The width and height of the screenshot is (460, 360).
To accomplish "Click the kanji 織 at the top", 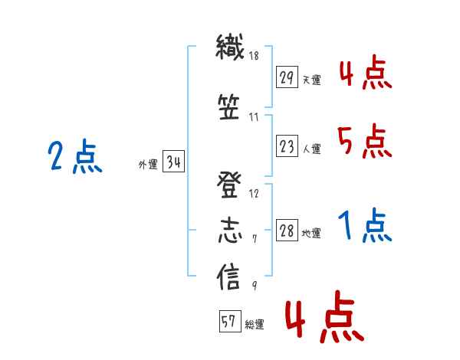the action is click(x=230, y=47).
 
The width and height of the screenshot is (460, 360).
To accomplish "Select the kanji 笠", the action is click(x=229, y=107).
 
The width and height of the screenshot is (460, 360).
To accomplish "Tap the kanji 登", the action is click(x=229, y=185).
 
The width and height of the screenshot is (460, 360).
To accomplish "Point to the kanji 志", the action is click(x=230, y=231).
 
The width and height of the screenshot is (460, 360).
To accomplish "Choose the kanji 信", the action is click(x=228, y=277).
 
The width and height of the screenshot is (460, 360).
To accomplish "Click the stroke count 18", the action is click(x=254, y=55).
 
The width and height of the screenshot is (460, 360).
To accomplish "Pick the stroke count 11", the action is click(x=254, y=117).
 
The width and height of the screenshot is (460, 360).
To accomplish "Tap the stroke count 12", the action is click(x=254, y=194).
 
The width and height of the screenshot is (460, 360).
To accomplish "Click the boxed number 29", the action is click(x=287, y=77).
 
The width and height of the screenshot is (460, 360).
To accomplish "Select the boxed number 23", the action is click(x=287, y=146).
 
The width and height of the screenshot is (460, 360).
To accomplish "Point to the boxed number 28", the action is click(x=287, y=231).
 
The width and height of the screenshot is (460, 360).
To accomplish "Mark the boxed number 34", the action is click(x=174, y=162).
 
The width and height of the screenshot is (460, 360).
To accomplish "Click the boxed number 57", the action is click(x=230, y=321).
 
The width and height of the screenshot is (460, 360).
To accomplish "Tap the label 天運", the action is click(x=312, y=80).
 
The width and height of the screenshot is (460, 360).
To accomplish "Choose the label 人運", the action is click(x=312, y=149).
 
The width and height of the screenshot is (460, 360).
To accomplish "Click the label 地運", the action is click(x=311, y=234).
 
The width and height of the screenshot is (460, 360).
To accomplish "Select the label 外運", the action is click(x=148, y=165).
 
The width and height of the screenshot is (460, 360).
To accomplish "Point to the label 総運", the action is click(x=255, y=325).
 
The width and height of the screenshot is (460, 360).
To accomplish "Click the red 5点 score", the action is click(x=365, y=141).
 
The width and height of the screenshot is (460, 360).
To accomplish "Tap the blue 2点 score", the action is click(x=75, y=156).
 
